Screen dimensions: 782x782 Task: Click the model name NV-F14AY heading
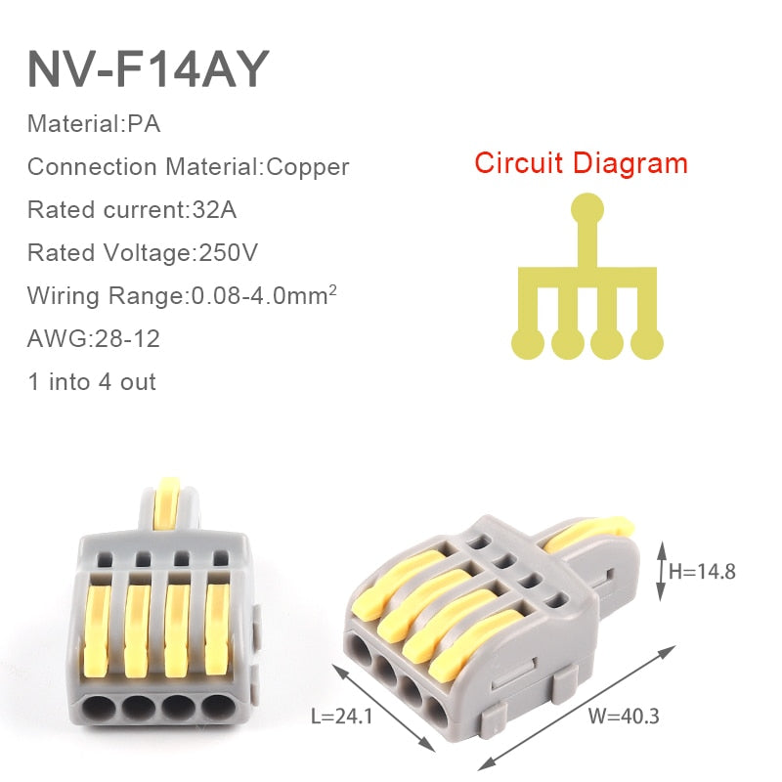point(148,68)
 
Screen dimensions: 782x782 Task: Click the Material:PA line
point(94,124)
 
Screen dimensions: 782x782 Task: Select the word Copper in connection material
point(308,166)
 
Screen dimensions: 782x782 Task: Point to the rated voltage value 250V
point(229,252)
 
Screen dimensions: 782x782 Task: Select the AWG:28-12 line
point(94,338)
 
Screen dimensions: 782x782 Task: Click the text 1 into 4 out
point(92,381)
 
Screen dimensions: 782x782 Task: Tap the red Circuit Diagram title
point(581,162)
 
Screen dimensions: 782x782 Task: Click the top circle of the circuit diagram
point(586,206)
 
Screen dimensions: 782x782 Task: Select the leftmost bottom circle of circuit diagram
point(528,342)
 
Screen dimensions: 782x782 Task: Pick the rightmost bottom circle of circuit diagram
point(647,342)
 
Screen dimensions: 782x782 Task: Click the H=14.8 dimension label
point(702,571)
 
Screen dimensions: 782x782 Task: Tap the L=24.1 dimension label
point(342,716)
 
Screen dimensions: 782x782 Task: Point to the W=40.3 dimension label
point(624,716)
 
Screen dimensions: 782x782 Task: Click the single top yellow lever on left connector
point(170,508)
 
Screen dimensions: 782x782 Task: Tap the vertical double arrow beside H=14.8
point(660,571)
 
